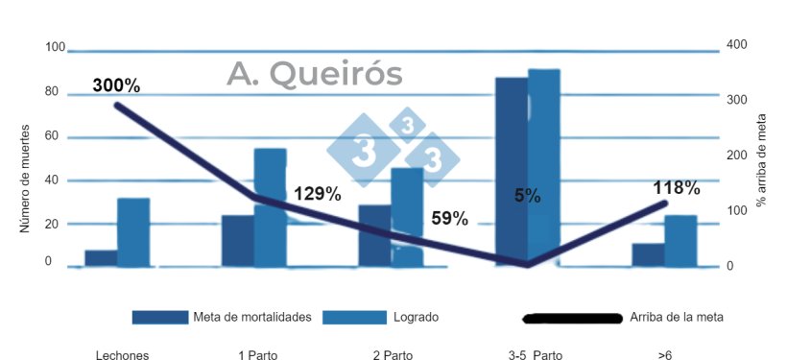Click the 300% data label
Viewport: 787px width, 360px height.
tap(116, 85)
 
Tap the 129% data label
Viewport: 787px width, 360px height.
tap(317, 194)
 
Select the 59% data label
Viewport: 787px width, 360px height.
tap(448, 219)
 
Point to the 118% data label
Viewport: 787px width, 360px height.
tap(677, 188)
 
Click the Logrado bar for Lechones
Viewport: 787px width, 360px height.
tap(133, 232)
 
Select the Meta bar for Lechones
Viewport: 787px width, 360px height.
tap(101, 257)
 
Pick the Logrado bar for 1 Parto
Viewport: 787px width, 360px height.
tap(270, 206)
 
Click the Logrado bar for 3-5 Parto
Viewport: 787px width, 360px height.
tap(543, 167)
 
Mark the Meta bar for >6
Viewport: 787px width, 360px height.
tap(648, 254)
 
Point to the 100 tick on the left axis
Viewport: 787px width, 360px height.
tap(54, 48)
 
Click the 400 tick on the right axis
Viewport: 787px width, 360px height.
tap(736, 45)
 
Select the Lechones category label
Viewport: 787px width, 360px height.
tap(122, 355)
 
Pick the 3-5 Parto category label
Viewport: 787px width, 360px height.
tap(535, 355)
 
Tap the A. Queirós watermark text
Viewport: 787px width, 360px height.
tap(315, 74)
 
